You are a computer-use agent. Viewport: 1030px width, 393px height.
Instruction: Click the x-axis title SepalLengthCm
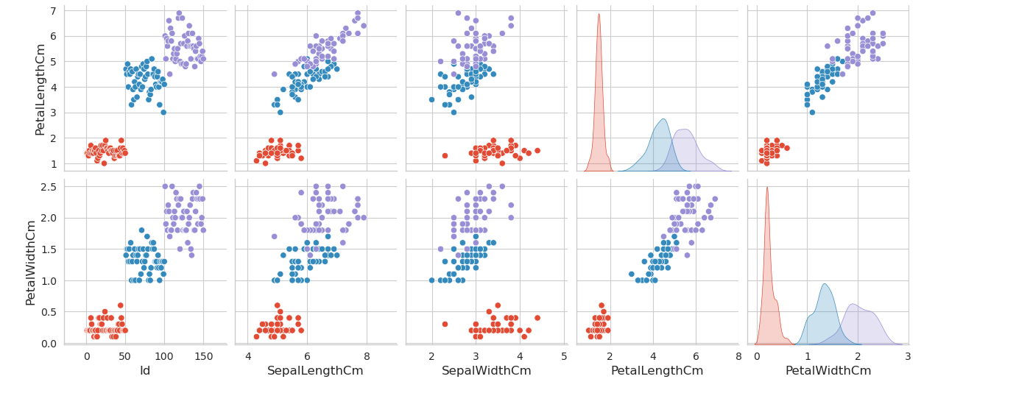click(315, 371)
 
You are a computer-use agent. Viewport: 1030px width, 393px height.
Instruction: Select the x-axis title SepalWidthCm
click(486, 371)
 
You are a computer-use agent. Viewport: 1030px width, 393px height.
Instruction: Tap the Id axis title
click(145, 371)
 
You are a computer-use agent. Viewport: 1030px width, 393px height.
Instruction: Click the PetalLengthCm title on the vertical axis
click(41, 89)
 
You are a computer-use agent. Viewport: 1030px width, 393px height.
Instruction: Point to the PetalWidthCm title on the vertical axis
click(31, 262)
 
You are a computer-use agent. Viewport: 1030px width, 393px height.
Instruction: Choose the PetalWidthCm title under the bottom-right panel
click(828, 371)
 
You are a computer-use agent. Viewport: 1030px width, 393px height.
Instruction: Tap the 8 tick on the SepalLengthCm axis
click(366, 356)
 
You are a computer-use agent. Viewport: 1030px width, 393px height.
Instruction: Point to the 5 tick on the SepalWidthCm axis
click(564, 356)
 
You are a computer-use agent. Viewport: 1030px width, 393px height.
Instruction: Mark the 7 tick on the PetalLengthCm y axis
click(53, 11)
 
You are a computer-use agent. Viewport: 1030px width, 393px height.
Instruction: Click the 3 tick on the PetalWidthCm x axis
click(908, 356)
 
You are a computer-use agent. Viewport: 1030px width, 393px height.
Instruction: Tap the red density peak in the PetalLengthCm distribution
click(599, 15)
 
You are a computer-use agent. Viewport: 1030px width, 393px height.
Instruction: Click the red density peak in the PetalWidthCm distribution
click(767, 188)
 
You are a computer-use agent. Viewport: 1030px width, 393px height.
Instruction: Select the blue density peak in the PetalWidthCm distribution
click(825, 285)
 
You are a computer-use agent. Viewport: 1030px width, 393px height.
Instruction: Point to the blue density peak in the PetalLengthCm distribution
click(663, 119)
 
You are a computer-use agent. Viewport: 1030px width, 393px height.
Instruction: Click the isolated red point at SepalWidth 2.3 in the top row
click(445, 155)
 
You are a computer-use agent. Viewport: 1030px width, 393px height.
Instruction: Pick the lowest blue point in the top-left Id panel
click(163, 113)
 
